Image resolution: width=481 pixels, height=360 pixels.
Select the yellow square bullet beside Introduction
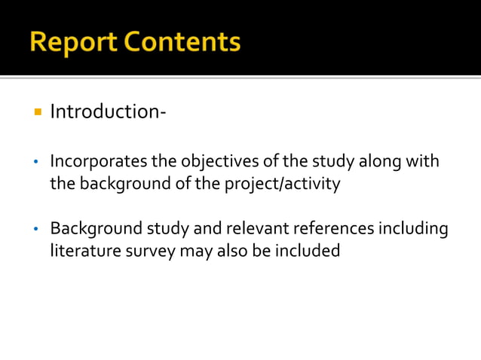(36, 112)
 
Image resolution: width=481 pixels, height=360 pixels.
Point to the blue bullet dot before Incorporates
(36, 163)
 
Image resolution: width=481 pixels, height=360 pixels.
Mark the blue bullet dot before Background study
(36, 229)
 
